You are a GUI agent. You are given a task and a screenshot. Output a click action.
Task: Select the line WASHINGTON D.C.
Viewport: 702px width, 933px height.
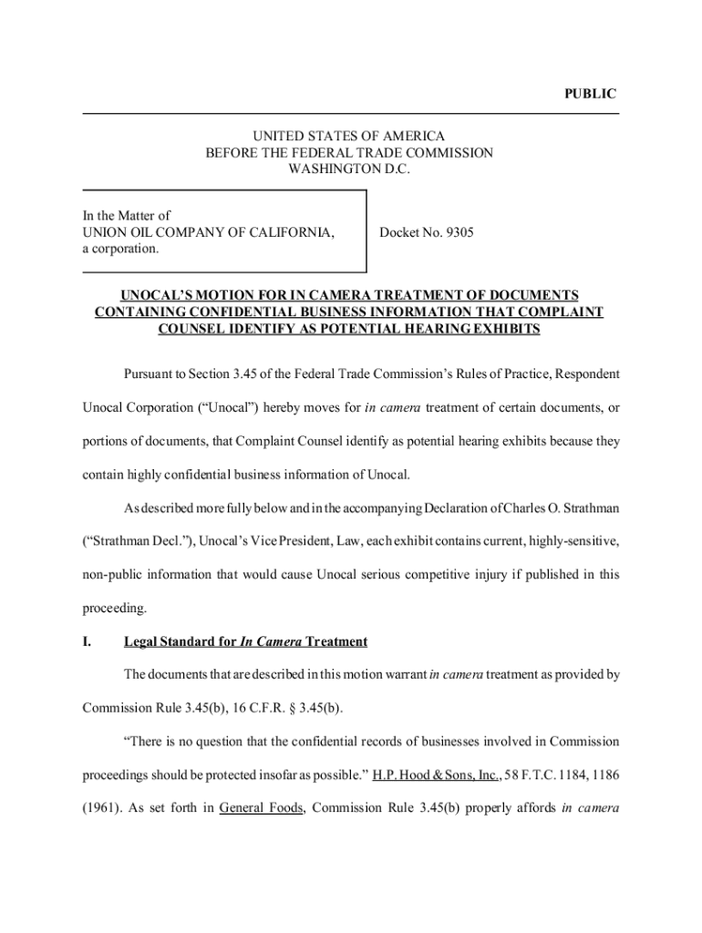coord(350,169)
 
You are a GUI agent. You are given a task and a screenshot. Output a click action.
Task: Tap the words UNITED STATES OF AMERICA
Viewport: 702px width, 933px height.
coord(350,137)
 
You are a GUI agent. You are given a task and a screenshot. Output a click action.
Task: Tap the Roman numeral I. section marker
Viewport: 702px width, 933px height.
coord(88,642)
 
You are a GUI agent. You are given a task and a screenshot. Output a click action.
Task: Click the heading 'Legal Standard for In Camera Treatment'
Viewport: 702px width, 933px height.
coord(245,642)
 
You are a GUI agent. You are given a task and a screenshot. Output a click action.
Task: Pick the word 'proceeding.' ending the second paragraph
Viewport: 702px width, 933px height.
coord(114,606)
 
